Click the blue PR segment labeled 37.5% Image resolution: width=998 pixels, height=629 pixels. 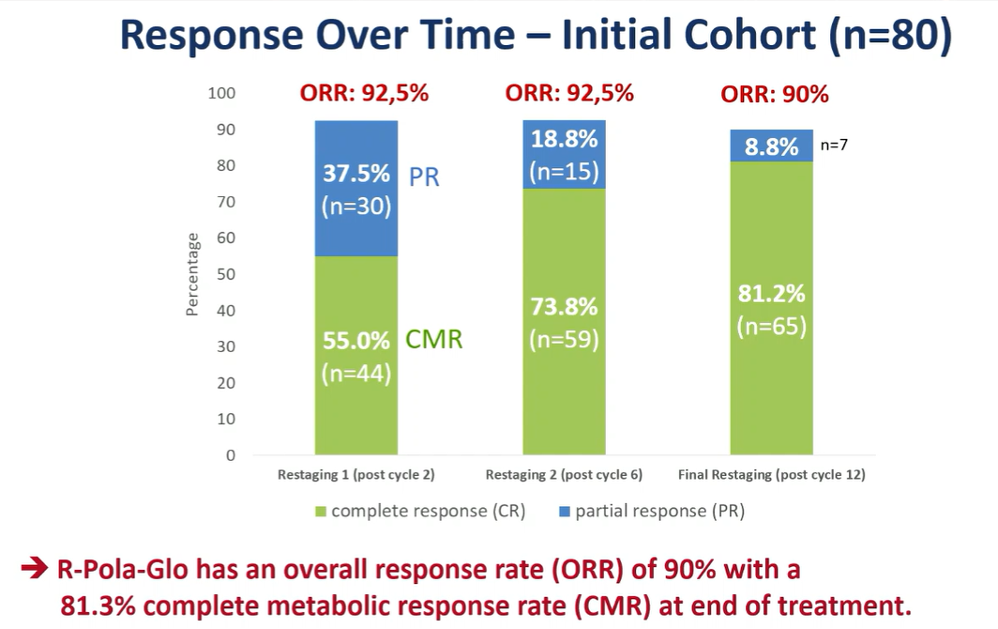click(355, 189)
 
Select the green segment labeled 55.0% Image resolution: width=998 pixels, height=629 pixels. click(355, 356)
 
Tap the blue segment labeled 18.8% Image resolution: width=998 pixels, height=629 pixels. click(564, 155)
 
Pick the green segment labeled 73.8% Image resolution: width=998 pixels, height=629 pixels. click(564, 322)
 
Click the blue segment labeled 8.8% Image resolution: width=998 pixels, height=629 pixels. click(771, 146)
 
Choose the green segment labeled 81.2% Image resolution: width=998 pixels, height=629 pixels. click(771, 309)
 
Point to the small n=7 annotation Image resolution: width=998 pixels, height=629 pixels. click(835, 146)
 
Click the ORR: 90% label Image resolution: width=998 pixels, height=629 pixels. click(774, 95)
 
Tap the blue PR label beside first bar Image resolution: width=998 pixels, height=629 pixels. click(424, 176)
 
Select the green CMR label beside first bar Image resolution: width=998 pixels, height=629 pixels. click(433, 339)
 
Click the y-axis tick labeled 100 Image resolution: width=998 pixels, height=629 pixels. click(222, 93)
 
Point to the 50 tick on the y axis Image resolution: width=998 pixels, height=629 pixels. click(226, 274)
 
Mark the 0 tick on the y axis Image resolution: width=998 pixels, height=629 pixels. click(231, 455)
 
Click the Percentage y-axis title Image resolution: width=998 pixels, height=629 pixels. click(192, 274)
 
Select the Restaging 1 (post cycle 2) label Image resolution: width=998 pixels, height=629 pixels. click(355, 475)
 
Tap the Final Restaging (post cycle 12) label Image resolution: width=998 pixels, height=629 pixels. click(771, 475)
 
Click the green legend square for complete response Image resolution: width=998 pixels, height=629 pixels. click(321, 512)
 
